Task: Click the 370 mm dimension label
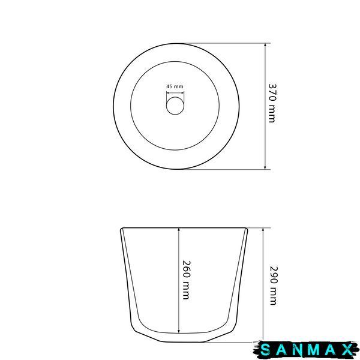(x=272, y=103)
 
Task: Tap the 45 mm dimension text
(x=175, y=86)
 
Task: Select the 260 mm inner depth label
(x=186, y=280)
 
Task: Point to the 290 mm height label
(x=273, y=286)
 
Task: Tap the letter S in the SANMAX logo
(x=266, y=350)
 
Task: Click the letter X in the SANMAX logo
(x=347, y=350)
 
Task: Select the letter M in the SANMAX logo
(x=313, y=350)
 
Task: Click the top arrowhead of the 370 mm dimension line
(x=265, y=45)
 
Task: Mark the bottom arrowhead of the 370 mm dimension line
(x=265, y=167)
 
